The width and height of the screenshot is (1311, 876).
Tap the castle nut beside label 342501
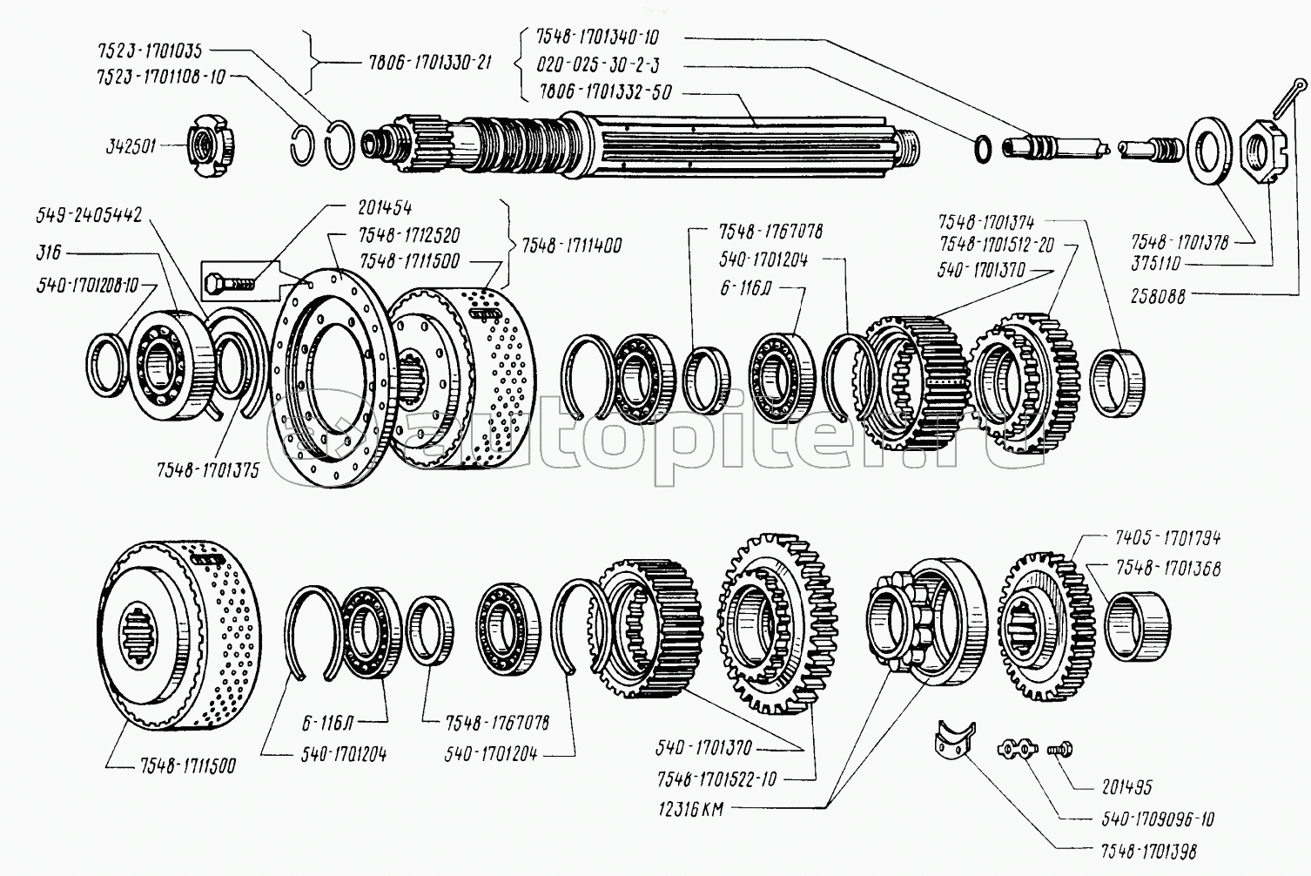click(x=212, y=148)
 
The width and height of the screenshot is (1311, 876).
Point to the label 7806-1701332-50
click(x=605, y=92)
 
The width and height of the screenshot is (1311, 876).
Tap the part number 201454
click(x=384, y=207)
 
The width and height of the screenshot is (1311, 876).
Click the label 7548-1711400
click(x=572, y=246)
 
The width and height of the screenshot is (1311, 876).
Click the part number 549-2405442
click(x=89, y=214)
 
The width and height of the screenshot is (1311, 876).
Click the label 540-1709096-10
click(x=1146, y=819)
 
